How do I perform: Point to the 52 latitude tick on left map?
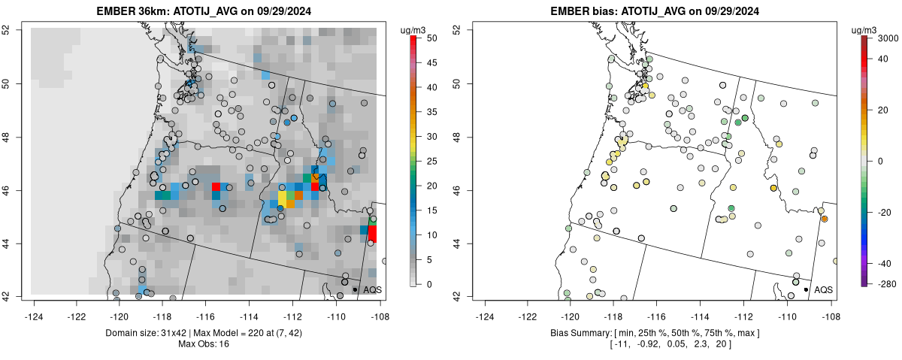point(15,29)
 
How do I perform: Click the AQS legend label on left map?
point(373,289)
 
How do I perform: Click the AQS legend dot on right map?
point(805,289)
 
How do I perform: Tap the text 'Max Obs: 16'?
point(203,344)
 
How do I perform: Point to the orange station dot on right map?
point(825,219)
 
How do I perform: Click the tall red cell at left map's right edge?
point(372,233)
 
